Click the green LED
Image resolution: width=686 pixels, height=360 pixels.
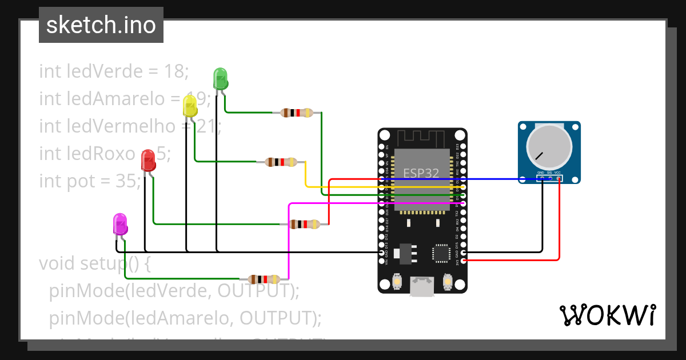(x=220, y=78)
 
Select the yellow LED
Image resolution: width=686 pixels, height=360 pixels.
(x=190, y=106)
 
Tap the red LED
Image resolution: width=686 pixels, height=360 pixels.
(x=148, y=160)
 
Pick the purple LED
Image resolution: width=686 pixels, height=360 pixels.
(x=120, y=224)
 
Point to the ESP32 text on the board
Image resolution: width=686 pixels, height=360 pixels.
(x=421, y=173)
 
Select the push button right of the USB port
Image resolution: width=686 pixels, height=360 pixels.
(x=448, y=281)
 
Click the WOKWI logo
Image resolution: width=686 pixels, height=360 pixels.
(x=607, y=315)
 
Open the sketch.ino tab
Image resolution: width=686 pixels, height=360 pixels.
(x=101, y=25)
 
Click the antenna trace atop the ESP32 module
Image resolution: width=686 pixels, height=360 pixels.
(x=422, y=138)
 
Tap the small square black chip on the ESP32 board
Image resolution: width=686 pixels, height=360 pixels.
(x=441, y=253)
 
